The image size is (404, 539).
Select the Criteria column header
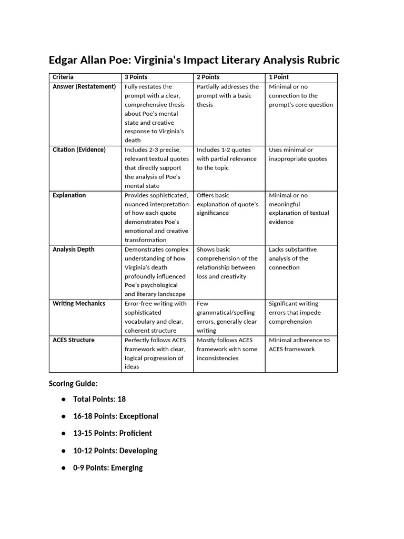point(63,77)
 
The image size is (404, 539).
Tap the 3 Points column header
point(136,77)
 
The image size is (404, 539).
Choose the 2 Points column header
point(208,77)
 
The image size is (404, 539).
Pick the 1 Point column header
point(279,77)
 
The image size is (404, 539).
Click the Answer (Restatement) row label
point(84,87)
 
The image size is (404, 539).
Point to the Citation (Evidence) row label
point(79,150)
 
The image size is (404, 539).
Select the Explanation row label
point(69,195)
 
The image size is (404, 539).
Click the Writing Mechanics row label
point(79,304)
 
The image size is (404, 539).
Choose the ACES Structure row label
point(74,340)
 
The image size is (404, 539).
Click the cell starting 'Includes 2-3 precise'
point(156,167)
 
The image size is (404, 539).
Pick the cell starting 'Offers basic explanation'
point(228,204)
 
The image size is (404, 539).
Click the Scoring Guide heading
point(73,384)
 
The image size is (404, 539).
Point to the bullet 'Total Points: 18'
point(99,399)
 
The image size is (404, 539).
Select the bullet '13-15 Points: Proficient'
point(113,433)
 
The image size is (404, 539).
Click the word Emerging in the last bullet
point(127,467)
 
